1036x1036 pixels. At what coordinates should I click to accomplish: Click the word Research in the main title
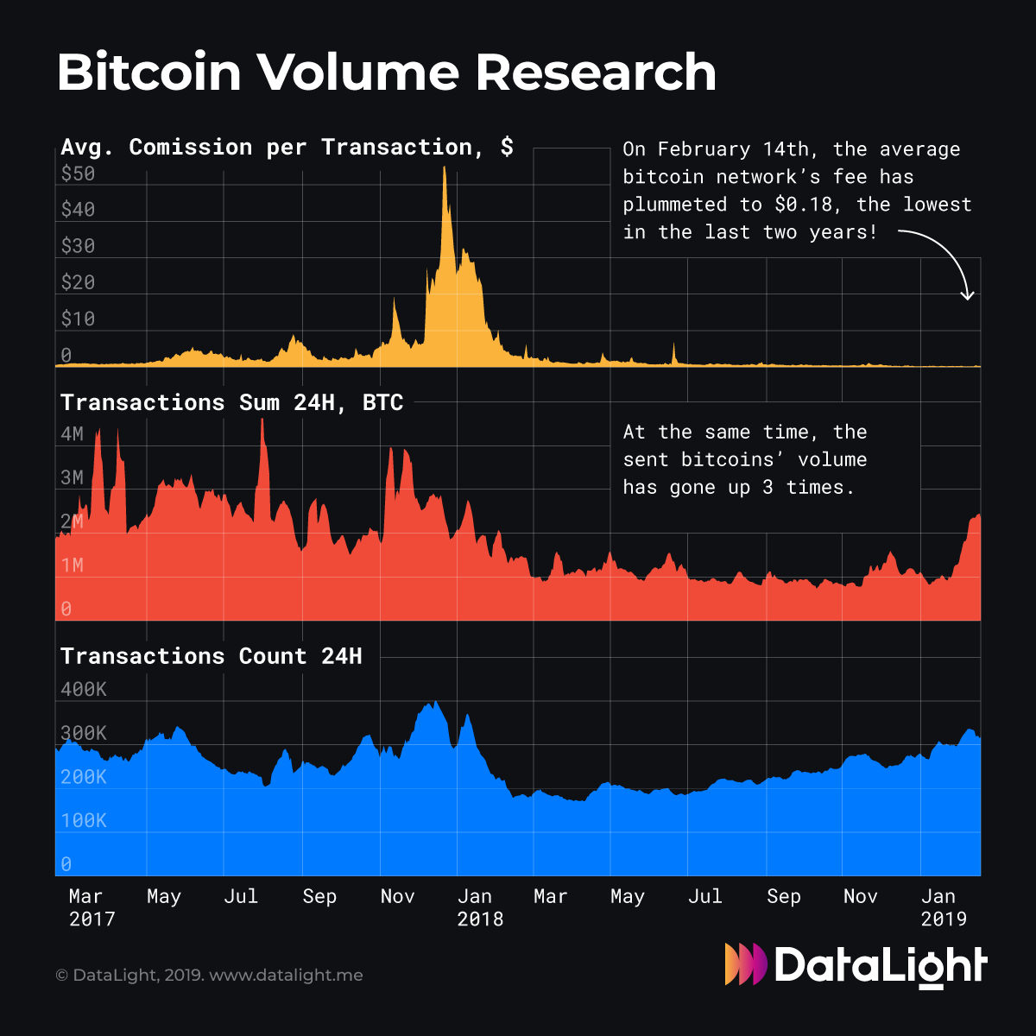596,73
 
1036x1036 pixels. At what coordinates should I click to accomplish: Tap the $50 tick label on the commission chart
78,174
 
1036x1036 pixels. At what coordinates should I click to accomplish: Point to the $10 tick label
78,319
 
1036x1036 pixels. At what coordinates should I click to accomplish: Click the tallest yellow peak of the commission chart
445,170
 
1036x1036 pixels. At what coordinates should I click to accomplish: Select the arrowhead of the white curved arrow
968,295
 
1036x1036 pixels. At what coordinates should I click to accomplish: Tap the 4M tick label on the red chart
73,433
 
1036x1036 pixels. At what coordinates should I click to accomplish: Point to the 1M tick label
73,565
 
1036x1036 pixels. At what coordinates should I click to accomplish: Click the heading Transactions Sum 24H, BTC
231,403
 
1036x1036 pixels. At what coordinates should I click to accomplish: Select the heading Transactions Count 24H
211,656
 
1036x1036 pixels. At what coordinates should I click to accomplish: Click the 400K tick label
84,689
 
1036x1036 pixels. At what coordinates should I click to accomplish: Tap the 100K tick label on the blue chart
84,820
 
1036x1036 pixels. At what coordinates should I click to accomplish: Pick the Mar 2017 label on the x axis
91,907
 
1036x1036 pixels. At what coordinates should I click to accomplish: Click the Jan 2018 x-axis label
479,907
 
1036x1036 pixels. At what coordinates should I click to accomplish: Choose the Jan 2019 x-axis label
943,907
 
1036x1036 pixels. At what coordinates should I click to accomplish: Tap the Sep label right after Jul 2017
319,897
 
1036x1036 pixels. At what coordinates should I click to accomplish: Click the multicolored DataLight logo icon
745,964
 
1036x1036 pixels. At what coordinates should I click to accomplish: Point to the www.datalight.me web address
286,976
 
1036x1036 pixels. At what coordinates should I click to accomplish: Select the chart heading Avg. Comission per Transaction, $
287,148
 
